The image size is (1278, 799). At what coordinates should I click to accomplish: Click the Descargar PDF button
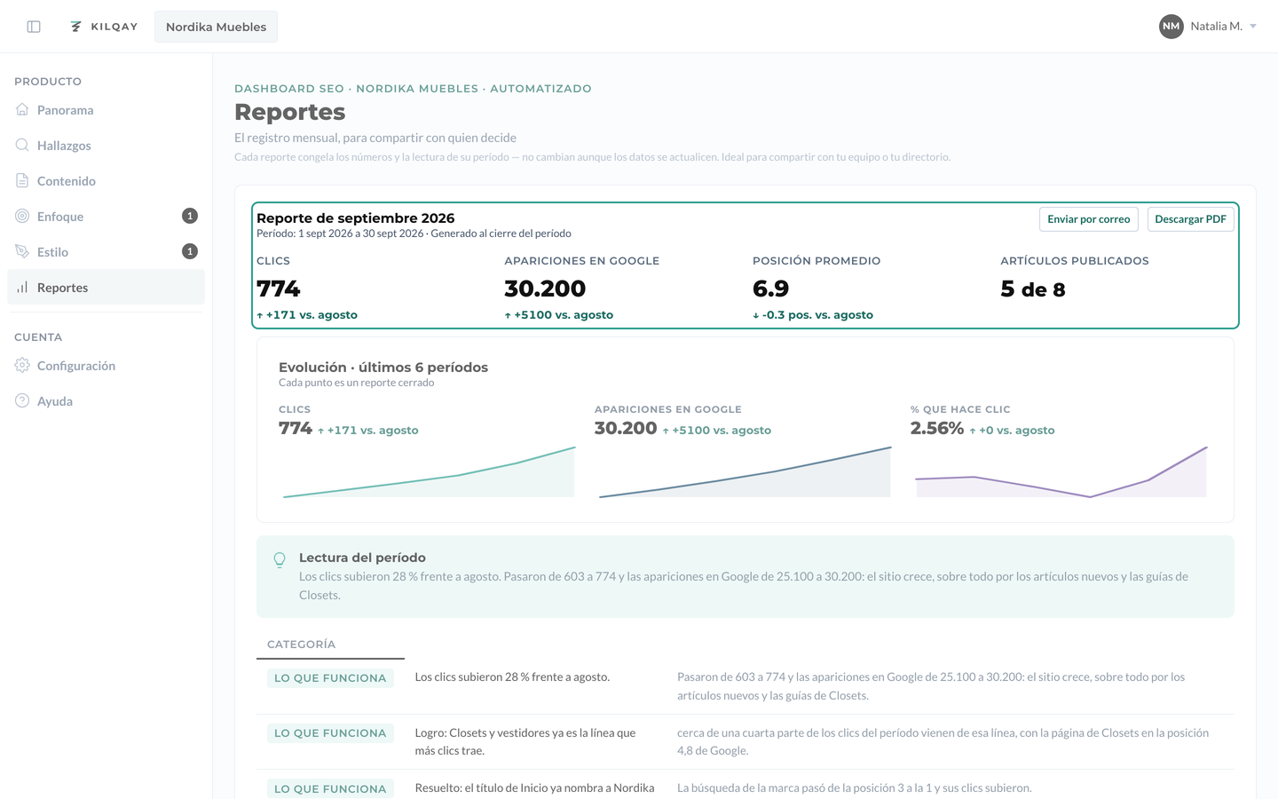click(x=1190, y=219)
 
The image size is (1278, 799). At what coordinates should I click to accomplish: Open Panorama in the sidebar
click(x=65, y=110)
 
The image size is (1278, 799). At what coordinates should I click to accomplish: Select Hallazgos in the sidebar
click(x=64, y=146)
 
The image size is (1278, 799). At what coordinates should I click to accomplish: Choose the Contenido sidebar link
click(x=67, y=181)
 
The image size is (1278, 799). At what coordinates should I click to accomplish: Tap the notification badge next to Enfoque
click(x=189, y=217)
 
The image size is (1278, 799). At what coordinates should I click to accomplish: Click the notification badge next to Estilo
click(x=189, y=252)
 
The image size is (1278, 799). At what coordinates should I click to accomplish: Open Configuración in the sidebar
click(x=76, y=366)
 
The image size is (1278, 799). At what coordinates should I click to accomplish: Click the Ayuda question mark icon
click(x=22, y=400)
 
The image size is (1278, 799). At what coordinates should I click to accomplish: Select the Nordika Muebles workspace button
click(x=216, y=27)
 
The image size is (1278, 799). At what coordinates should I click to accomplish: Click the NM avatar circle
click(x=1171, y=27)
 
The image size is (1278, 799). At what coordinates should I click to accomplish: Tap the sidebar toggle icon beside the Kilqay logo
click(x=34, y=27)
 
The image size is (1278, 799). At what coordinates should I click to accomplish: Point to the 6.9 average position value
click(x=770, y=289)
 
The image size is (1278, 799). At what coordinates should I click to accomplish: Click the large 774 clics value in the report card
click(x=278, y=289)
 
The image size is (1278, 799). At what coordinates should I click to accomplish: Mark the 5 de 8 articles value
click(x=1033, y=289)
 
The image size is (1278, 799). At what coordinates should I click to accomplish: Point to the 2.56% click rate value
click(x=937, y=428)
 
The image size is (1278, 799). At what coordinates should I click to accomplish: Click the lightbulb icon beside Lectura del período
click(x=280, y=559)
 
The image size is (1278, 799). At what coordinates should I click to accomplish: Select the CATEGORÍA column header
click(x=301, y=645)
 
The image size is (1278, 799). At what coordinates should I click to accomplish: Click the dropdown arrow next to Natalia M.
click(x=1253, y=27)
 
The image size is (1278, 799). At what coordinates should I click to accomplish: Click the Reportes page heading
click(x=290, y=112)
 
